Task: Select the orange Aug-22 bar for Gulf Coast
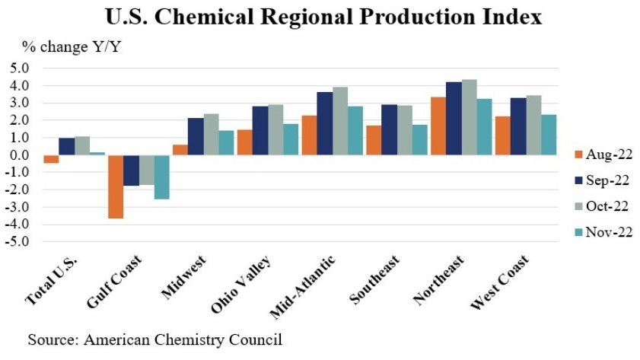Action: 116,186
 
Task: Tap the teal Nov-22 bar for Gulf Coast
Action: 161,177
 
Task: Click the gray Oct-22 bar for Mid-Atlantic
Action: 340,121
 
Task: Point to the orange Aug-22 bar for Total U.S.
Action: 51,159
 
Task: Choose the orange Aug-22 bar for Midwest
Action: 180,150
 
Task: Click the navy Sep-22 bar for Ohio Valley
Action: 260,130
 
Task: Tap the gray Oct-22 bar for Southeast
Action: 405,130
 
